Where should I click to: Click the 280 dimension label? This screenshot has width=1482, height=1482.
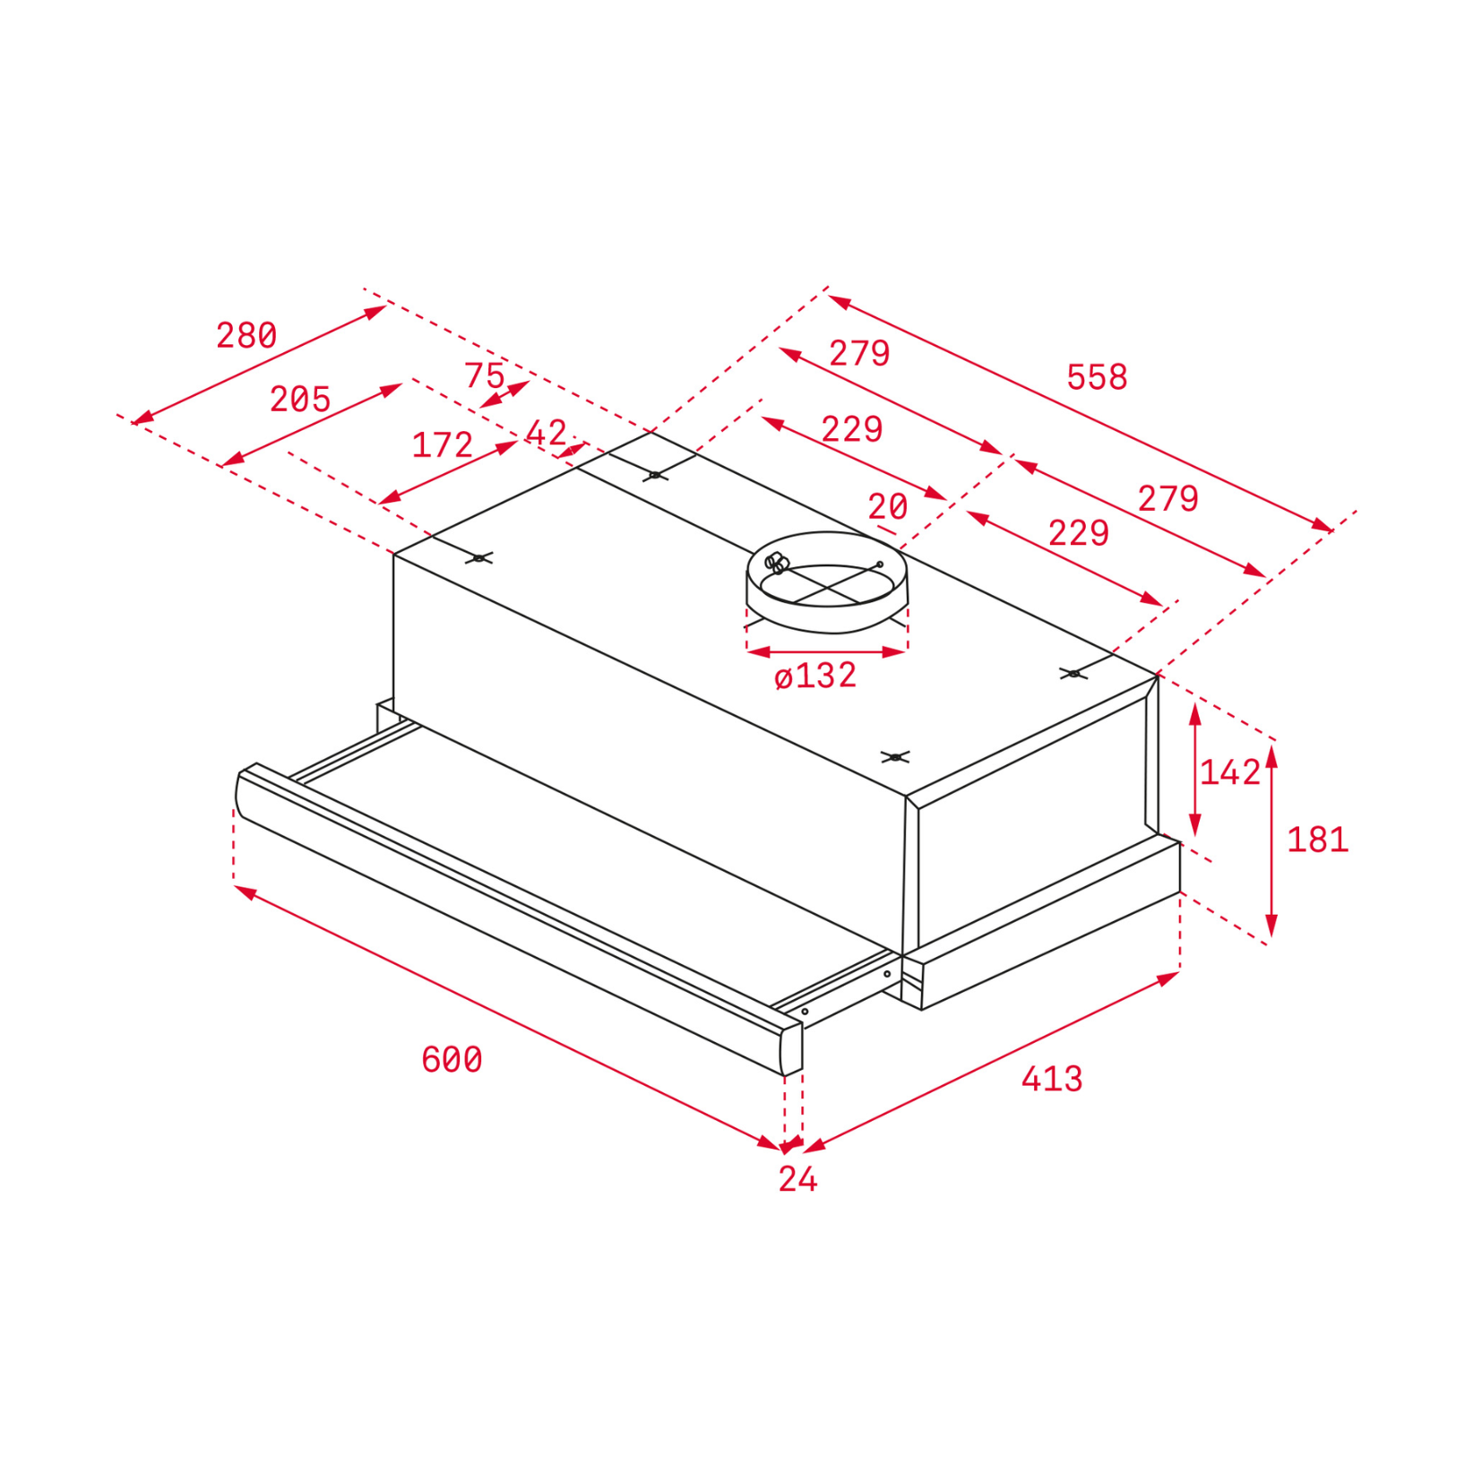pos(246,335)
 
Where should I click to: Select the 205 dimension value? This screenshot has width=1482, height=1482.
pos(300,399)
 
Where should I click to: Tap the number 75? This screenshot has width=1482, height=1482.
pos(485,375)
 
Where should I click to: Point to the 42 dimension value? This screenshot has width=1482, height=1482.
pos(546,433)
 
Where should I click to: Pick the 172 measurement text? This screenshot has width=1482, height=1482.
pos(442,444)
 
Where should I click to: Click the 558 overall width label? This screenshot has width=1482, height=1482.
pos(1097,377)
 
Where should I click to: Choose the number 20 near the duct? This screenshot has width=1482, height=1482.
pos(888,507)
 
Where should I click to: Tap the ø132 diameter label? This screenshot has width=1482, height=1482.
pos(815,675)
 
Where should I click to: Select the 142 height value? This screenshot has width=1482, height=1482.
pos(1229,771)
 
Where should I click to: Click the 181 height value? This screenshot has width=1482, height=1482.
pos(1317,840)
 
